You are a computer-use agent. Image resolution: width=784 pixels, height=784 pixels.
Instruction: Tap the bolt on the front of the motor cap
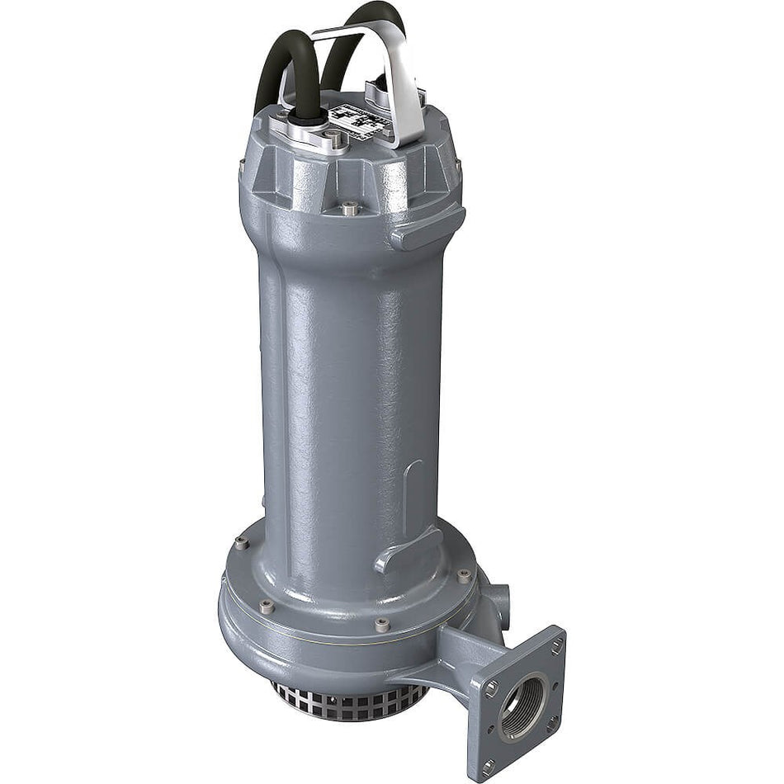click(x=350, y=207)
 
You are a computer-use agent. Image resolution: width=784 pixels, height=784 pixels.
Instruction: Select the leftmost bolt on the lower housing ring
click(x=240, y=542)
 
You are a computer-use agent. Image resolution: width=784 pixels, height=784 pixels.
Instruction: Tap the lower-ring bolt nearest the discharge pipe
click(x=465, y=576)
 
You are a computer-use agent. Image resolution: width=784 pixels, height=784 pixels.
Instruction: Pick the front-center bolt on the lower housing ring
click(x=382, y=626)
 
